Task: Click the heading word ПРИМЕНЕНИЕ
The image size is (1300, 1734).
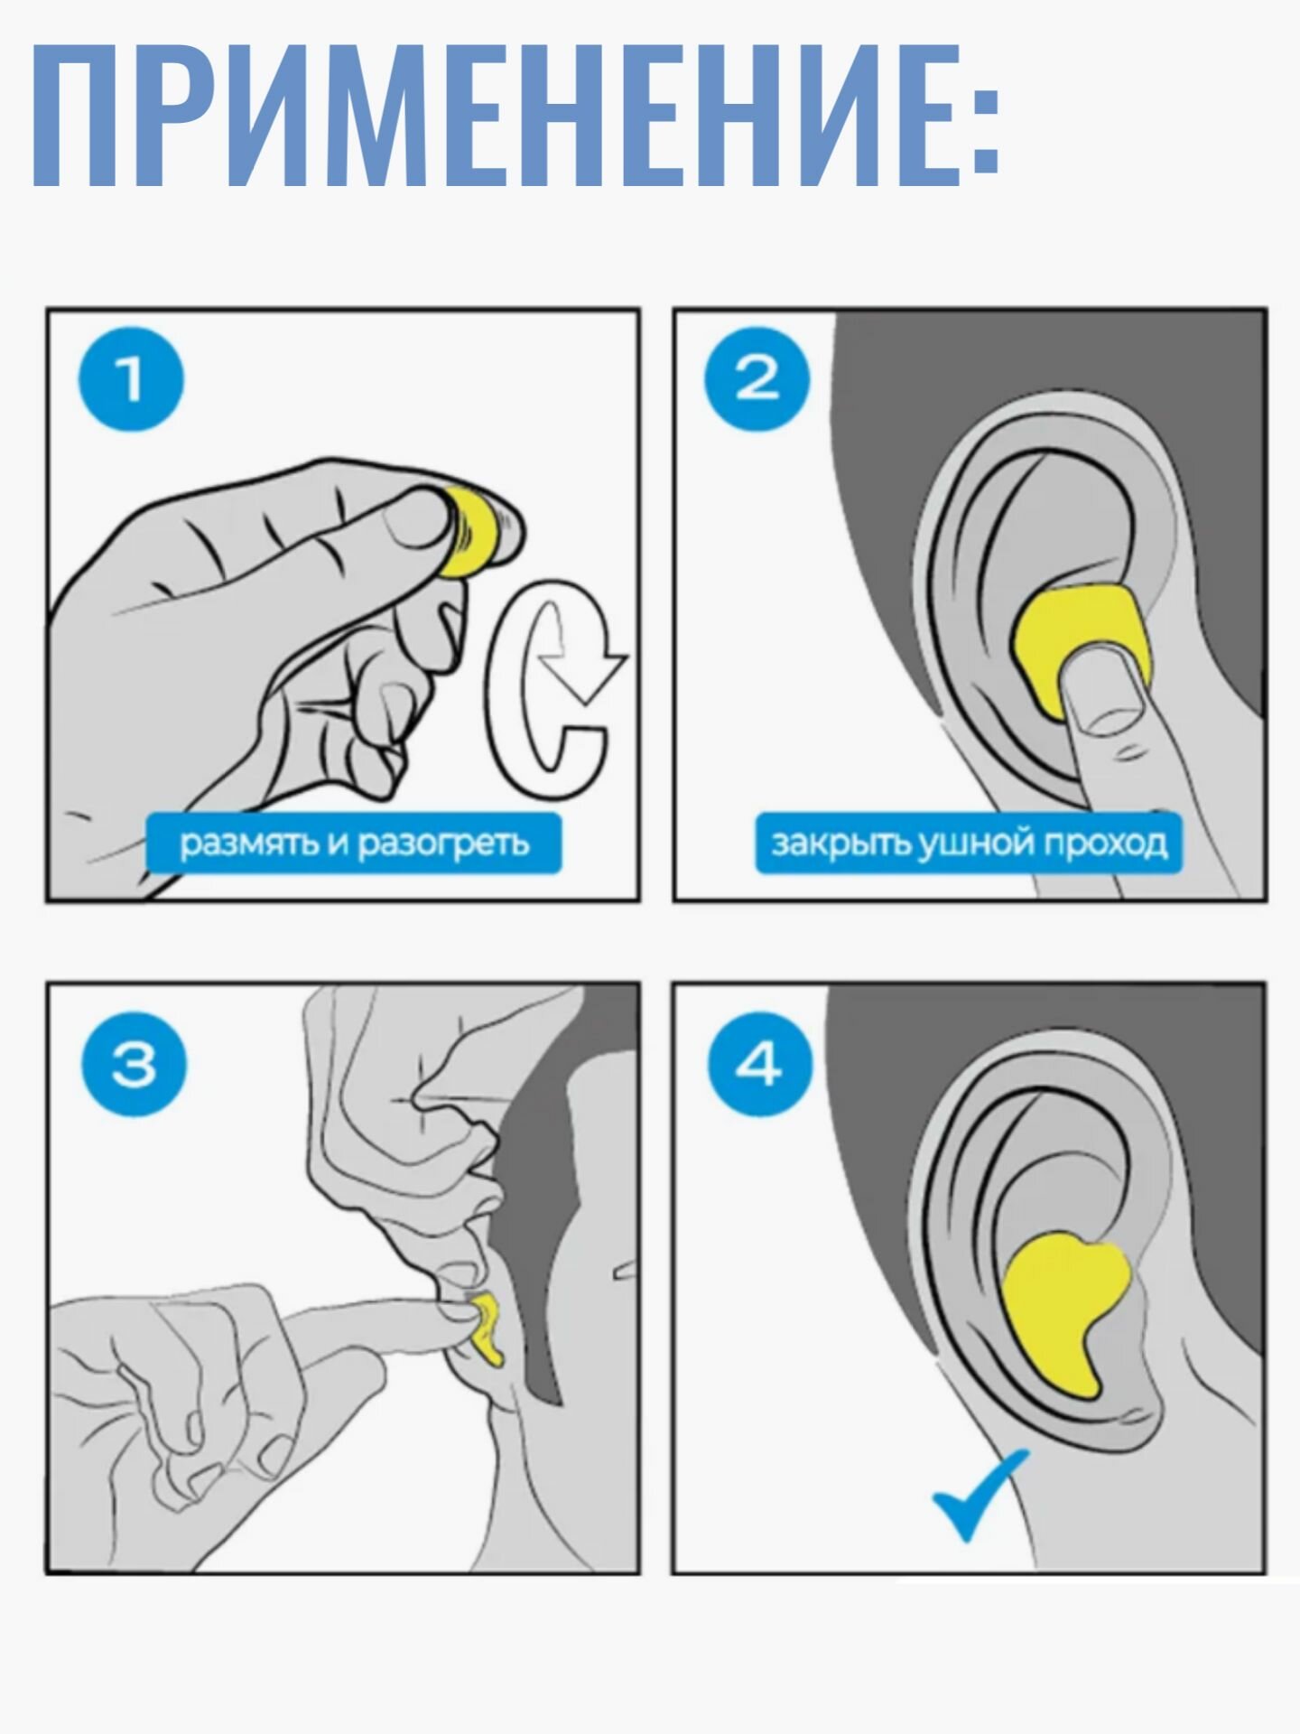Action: pos(493,113)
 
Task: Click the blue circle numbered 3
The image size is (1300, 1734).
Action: pos(134,1065)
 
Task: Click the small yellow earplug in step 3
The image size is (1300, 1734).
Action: pos(484,1327)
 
